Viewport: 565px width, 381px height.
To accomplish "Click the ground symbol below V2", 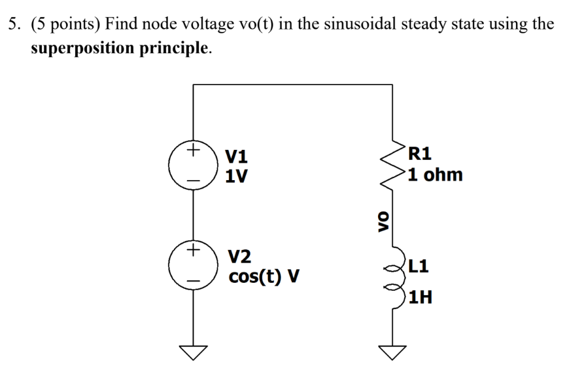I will [194, 353].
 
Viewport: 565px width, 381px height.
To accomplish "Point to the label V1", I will [237, 156].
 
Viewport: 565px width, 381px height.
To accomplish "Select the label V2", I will [239, 256].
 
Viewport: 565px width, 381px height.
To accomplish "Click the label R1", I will [419, 154].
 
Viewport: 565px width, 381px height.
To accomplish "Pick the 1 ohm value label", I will [434, 175].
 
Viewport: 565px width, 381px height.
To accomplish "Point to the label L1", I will [419, 266].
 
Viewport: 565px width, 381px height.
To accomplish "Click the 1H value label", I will [419, 299].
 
